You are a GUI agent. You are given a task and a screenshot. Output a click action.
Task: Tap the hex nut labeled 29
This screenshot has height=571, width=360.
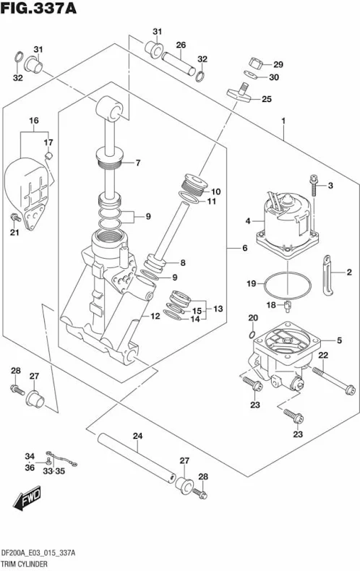tap(256, 64)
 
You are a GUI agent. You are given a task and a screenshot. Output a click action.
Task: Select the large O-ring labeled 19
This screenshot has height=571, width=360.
tap(288, 285)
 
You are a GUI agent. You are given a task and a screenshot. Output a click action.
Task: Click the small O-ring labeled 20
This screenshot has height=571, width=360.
tap(252, 335)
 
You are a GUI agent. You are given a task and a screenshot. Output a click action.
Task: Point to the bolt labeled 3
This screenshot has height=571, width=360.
tap(313, 185)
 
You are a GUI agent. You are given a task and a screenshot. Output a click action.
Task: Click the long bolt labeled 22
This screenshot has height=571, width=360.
tap(333, 380)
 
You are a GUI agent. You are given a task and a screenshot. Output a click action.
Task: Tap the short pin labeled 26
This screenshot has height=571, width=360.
tap(179, 64)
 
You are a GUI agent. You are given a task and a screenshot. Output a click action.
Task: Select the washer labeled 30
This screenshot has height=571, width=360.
tap(250, 74)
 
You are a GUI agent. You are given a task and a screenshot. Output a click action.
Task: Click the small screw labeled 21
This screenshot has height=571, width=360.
tap(15, 218)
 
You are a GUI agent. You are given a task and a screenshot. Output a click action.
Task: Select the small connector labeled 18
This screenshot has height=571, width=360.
tap(287, 306)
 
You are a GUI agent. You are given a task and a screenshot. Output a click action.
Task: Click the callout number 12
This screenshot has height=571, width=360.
tap(155, 316)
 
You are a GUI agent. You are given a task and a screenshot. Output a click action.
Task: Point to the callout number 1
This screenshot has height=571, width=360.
tap(283, 121)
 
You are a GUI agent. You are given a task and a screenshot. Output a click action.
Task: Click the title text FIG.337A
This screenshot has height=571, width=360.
tap(38, 8)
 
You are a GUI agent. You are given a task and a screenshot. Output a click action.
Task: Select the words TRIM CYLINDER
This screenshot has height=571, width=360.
tap(24, 564)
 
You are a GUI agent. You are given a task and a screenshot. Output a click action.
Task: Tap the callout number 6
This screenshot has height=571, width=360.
tap(245, 248)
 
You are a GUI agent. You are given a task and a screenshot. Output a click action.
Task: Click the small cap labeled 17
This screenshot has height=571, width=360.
tap(48, 155)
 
